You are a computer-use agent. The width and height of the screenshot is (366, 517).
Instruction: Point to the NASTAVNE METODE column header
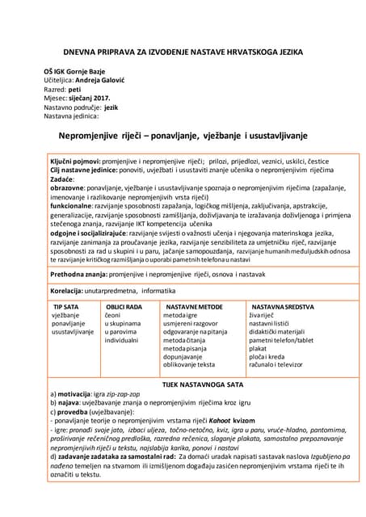(x=194, y=308)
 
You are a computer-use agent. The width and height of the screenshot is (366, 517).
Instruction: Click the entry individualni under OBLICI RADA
(x=122, y=341)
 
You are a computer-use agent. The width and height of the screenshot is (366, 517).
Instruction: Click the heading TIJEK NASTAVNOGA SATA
(x=182, y=385)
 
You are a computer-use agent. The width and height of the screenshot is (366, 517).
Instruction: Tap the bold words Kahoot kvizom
(x=229, y=420)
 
